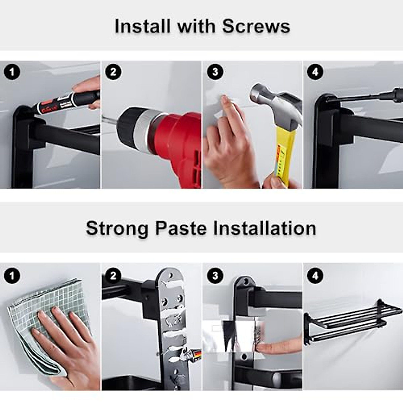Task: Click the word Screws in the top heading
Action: tap(256, 26)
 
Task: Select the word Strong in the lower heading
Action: tap(117, 228)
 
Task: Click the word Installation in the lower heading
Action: tap(265, 228)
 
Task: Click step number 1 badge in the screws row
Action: tap(12, 72)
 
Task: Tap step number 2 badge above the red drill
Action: tap(113, 72)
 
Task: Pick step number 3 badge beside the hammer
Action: tap(215, 72)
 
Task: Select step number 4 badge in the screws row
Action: tap(315, 72)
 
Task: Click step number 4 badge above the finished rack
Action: tap(315, 276)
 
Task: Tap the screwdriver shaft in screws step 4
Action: tap(363, 97)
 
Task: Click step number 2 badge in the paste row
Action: tap(113, 276)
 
